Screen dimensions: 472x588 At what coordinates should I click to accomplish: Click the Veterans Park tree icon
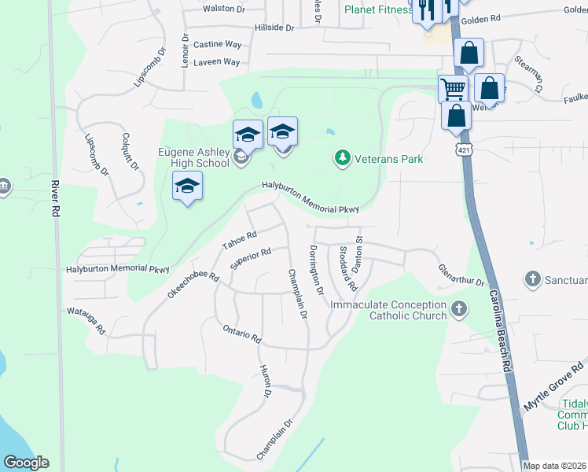342,159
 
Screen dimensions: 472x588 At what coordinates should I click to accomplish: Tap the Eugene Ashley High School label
193,157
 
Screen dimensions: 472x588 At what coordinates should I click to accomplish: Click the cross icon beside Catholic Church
460,310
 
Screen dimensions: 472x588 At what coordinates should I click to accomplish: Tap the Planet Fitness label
377,9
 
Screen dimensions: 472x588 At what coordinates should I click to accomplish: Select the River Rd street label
56,199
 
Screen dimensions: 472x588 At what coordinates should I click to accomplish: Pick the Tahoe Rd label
240,241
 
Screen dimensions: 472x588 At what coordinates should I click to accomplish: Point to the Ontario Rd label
241,334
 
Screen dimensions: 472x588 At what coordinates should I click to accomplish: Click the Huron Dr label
266,381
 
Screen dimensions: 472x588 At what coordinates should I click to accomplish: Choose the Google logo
26,463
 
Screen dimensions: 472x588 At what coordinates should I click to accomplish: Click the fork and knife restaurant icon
426,9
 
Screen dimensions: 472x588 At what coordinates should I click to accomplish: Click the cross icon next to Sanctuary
533,278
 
